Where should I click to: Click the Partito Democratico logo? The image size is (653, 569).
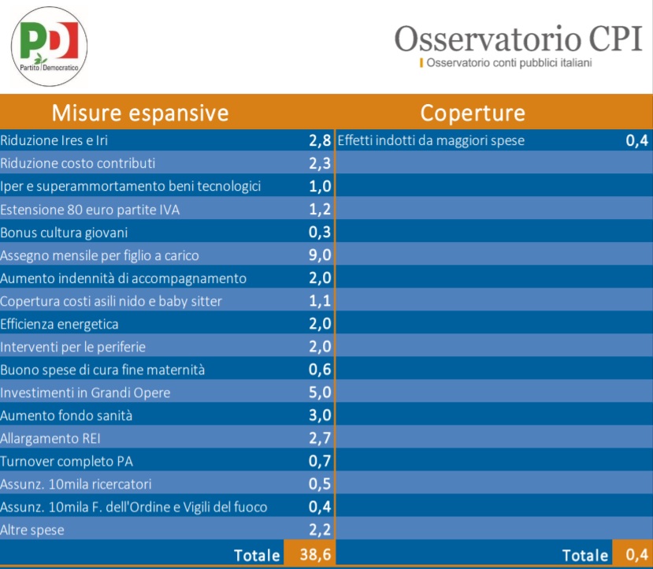pyautogui.click(x=49, y=46)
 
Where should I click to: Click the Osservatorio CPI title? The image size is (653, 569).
pyautogui.click(x=518, y=39)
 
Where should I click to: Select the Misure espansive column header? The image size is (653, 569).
pyautogui.click(x=140, y=113)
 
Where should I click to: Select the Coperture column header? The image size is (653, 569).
pyautogui.click(x=473, y=113)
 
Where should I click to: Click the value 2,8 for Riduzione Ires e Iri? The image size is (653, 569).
pyautogui.click(x=320, y=141)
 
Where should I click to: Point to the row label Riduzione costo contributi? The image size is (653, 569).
pyautogui.click(x=77, y=163)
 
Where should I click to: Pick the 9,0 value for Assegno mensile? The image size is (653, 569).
pyautogui.click(x=320, y=255)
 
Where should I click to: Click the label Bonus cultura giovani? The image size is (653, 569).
pyautogui.click(x=64, y=232)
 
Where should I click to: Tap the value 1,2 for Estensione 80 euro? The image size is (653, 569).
pyautogui.click(x=320, y=209)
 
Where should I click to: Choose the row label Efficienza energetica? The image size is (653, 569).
pyautogui.click(x=59, y=324)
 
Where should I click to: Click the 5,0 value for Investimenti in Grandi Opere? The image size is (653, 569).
pyautogui.click(x=320, y=392)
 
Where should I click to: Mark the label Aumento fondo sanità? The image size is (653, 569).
pyautogui.click(x=66, y=415)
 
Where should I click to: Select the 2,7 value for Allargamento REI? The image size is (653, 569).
pyautogui.click(x=320, y=438)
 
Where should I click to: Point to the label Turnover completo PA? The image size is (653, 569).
pyautogui.click(x=66, y=461)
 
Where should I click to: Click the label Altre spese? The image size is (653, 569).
pyautogui.click(x=32, y=530)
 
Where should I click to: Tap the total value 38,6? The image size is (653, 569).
pyautogui.click(x=315, y=555)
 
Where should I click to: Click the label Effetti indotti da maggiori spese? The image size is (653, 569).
pyautogui.click(x=431, y=140)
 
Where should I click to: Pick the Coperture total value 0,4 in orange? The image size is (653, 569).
pyautogui.click(x=636, y=555)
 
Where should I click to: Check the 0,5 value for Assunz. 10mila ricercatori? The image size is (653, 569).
pyautogui.click(x=320, y=484)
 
